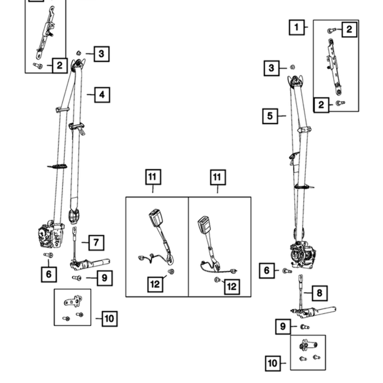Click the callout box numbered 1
click(x=297, y=27)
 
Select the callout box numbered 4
click(x=102, y=95)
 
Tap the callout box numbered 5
click(x=270, y=116)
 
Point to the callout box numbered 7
click(x=96, y=242)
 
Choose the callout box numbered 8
click(x=320, y=293)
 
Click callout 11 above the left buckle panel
click(x=153, y=177)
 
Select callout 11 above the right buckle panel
click(x=218, y=177)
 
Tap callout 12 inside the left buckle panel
click(x=155, y=284)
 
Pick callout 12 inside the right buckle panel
click(x=232, y=287)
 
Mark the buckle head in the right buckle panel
click(x=204, y=225)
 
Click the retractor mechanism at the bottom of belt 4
click(x=51, y=235)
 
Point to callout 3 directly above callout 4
click(x=101, y=54)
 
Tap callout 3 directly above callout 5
click(x=271, y=68)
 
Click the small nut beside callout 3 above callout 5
click(x=292, y=67)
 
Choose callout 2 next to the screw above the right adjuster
click(x=349, y=30)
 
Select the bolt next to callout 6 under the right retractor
click(x=287, y=271)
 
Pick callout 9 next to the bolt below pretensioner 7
click(x=105, y=278)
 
